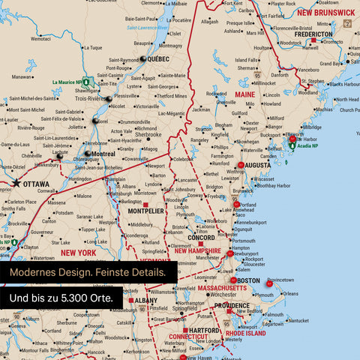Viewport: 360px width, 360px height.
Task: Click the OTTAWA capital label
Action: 36,183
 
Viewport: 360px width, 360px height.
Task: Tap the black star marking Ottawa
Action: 16,182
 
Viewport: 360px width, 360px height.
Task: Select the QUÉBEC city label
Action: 158,58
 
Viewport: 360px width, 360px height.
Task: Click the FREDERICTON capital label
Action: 313,34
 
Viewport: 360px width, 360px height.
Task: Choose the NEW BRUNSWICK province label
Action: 325,13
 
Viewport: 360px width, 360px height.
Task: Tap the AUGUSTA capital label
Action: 258,164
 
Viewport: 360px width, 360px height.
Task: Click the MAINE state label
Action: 245,95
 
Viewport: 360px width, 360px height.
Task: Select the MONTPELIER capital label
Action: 146,211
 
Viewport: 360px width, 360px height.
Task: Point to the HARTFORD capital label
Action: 204,330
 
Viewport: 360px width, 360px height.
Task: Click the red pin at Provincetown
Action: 269,283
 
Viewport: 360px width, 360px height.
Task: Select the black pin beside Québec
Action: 141,58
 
